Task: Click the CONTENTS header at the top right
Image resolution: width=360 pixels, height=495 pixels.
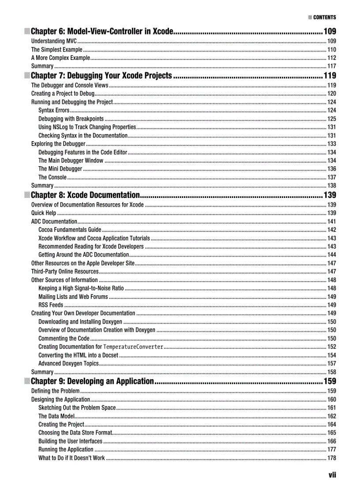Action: [x=324, y=18]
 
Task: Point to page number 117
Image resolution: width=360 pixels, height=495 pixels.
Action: [x=331, y=66]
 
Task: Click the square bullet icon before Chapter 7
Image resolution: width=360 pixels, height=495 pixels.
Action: [x=27, y=75]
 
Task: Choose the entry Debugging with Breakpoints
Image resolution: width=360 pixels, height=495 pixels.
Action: [x=71, y=119]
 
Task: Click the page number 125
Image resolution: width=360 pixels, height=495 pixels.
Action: [x=331, y=119]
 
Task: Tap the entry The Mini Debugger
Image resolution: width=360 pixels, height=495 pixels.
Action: [x=60, y=169]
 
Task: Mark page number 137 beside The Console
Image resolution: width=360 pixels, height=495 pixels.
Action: [x=331, y=177]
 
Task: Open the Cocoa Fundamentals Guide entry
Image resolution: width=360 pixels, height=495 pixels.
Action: [x=70, y=230]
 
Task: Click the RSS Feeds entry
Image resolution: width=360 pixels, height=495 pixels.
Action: [x=51, y=305]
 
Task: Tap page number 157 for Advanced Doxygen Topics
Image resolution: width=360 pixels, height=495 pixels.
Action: [x=331, y=364]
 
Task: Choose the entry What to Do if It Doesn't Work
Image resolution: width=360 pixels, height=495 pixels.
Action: [x=71, y=458]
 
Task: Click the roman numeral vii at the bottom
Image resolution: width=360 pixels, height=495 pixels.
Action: [x=332, y=475]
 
